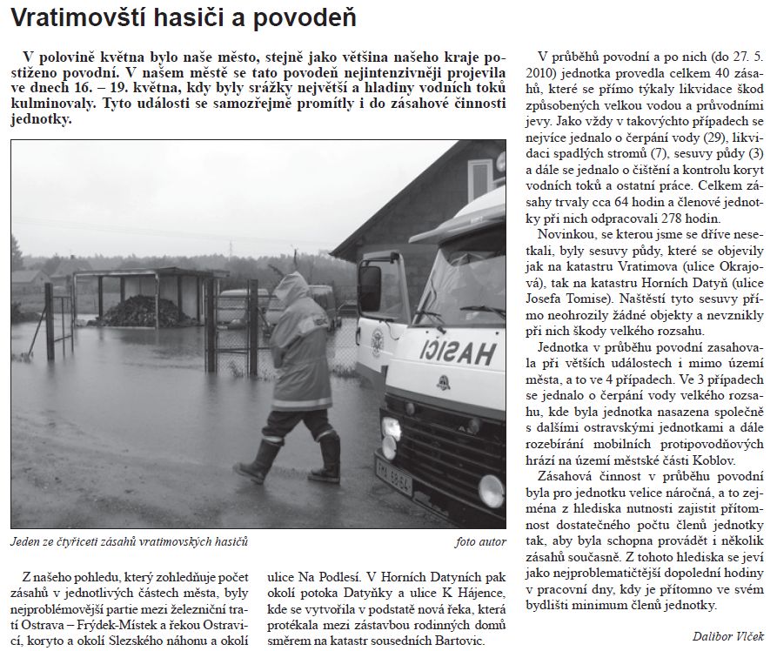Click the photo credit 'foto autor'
479,542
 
